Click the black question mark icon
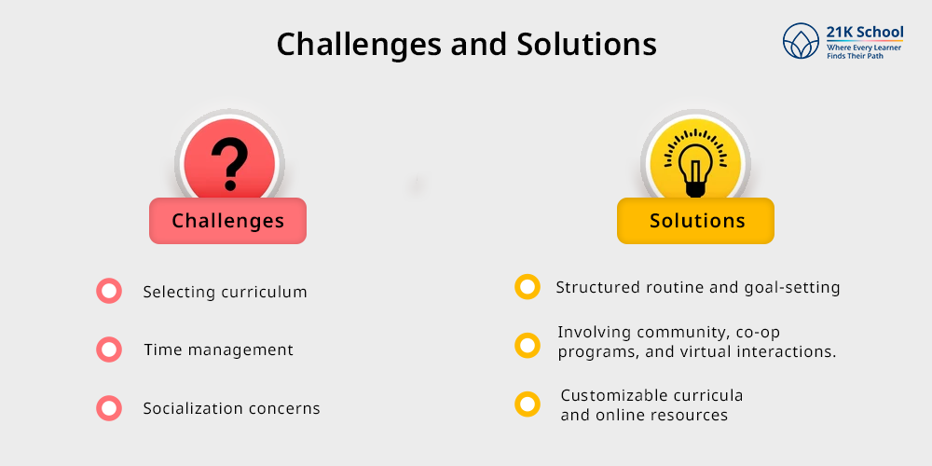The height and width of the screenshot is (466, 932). tap(229, 163)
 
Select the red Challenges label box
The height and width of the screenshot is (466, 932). tap(227, 221)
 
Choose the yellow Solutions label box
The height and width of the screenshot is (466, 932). tap(695, 221)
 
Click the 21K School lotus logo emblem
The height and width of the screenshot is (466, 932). tap(801, 41)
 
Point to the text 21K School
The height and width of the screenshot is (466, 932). tap(864, 32)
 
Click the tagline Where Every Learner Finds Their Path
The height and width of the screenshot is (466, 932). tap(864, 51)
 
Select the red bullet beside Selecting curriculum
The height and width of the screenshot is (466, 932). tap(109, 291)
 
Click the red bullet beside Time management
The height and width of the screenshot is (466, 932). tap(109, 349)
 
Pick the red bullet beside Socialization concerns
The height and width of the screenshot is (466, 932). tap(109, 408)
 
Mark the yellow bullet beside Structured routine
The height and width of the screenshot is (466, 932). tap(528, 287)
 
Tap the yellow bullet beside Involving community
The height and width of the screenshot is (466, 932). tap(528, 346)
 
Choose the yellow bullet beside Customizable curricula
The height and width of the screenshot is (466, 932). tap(528, 404)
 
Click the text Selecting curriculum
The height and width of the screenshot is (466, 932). tap(226, 292)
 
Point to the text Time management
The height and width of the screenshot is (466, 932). tap(219, 349)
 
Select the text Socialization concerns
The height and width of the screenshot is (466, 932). tap(232, 408)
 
